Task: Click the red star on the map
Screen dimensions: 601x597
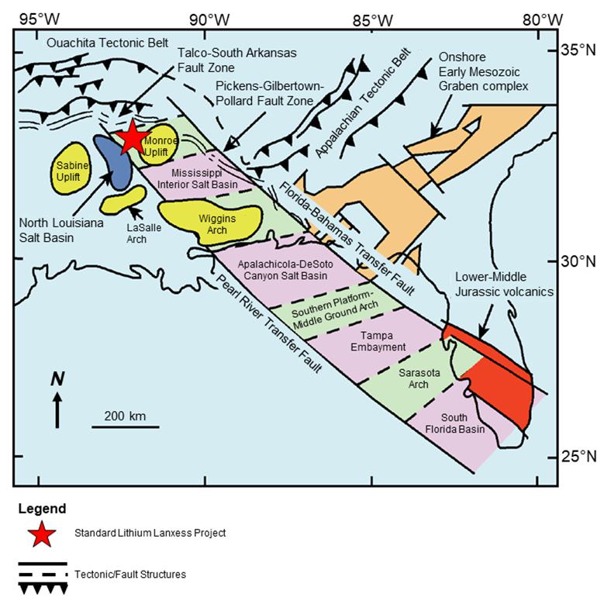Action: click(132, 136)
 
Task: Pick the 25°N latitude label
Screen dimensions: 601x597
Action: click(578, 455)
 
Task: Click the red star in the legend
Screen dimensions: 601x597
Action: click(42, 534)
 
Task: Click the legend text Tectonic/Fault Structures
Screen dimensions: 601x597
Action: click(130, 575)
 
